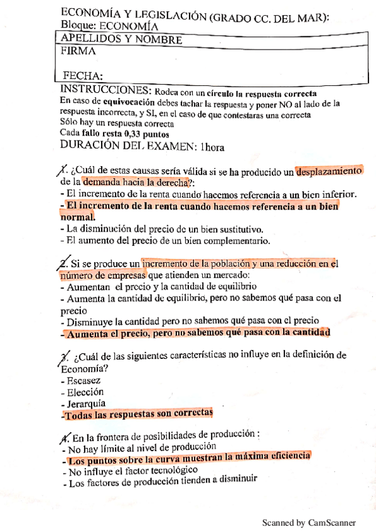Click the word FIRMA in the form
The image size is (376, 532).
79,51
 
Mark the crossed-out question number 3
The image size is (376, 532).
63,356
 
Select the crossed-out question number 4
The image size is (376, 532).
66,435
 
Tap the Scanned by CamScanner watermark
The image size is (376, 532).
308,522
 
